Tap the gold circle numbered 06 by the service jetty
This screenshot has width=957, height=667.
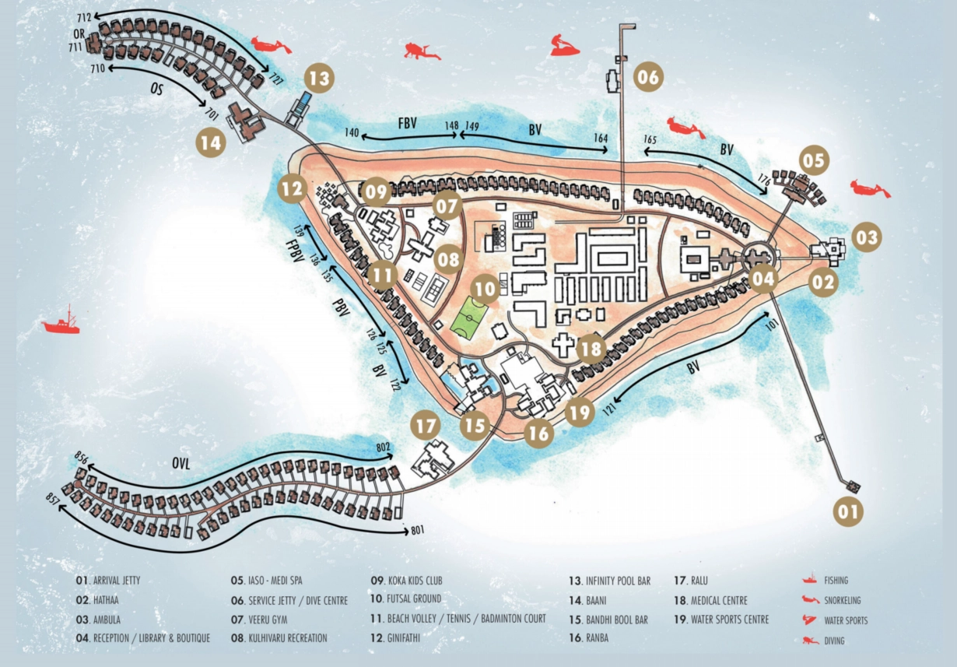648,77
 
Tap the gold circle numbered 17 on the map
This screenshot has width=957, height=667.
426,427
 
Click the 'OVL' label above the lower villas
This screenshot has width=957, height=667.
181,465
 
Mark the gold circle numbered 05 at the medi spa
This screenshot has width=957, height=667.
812,161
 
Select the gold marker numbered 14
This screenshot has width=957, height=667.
211,142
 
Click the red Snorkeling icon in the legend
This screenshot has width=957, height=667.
811,599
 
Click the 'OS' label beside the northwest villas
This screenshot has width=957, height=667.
156,90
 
